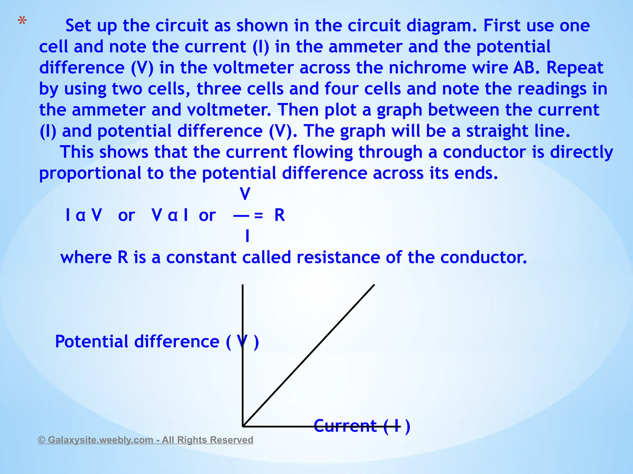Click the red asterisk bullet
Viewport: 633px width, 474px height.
pos(22,21)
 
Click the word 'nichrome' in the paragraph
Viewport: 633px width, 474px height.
pos(427,68)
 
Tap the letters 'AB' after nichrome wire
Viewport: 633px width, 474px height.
pos(524,68)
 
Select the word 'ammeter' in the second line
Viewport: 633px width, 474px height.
pos(365,47)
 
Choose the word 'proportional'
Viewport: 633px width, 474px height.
pos(90,174)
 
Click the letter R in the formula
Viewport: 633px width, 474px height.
pos(279,215)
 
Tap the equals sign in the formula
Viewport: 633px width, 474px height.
pos(258,216)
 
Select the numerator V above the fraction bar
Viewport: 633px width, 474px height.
pos(245,194)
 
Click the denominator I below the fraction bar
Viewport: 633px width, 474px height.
pos(247,236)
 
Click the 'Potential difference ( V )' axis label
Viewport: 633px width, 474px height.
pos(157,342)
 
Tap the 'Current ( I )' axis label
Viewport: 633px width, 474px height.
pos(362,426)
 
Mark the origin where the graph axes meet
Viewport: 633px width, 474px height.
pos(243,426)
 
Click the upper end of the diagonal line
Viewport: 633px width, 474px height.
pos(374,285)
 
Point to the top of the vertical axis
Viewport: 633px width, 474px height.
pos(243,285)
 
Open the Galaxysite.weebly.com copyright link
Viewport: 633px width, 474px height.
pos(146,440)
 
